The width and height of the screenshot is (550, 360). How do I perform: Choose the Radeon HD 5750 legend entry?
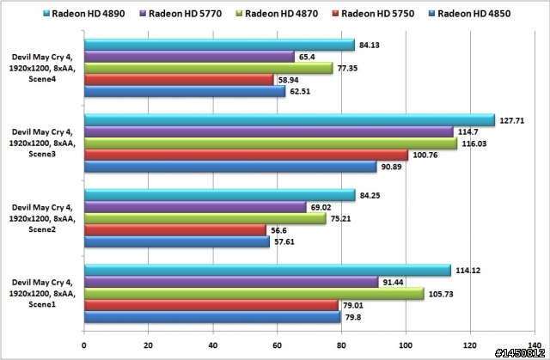[x=388, y=12]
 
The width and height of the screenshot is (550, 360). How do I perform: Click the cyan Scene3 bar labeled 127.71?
[x=289, y=120]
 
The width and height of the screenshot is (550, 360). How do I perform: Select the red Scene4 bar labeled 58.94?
[x=179, y=80]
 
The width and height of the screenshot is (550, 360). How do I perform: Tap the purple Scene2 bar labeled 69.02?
[x=194, y=207]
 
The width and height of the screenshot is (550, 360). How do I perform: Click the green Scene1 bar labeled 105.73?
[x=254, y=294]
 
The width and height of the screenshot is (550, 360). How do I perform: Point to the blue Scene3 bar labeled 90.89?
[x=229, y=167]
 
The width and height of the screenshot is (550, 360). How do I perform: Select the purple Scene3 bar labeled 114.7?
[x=268, y=131]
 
